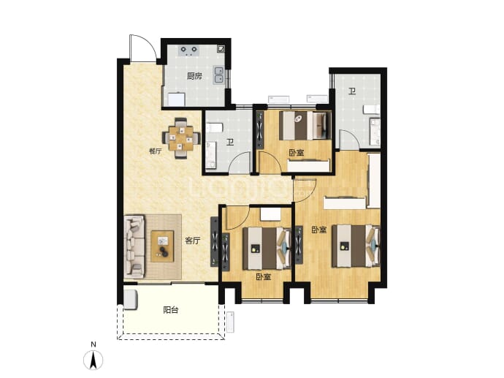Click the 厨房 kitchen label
coord(195,76)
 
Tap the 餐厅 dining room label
coord(156,151)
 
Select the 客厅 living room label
coord(193,241)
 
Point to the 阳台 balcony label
coord(171,310)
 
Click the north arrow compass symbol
coord(93,359)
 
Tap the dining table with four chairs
coord(181,139)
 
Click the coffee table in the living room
coord(163,246)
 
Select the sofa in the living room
coord(134,247)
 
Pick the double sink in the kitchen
coord(219,75)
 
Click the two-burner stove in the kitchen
coord(189,50)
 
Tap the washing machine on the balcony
coord(131,300)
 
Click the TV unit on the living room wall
coord(215,242)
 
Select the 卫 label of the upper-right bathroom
coord(352,91)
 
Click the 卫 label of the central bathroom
coord(230,142)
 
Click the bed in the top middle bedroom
coord(305,126)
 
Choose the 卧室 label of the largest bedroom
coord(319,230)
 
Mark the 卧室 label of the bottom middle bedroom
coord(264,276)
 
